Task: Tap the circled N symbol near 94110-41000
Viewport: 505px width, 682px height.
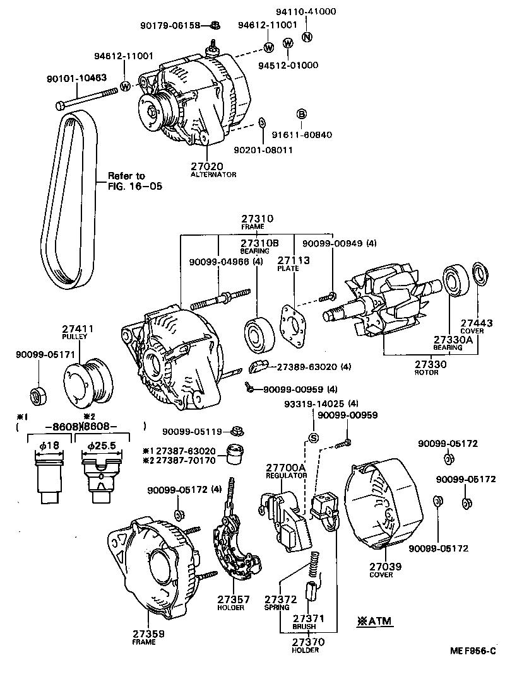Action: tap(307, 36)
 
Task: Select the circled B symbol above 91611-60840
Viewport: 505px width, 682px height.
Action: tap(302, 114)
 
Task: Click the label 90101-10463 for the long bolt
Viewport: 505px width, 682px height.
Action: tap(76, 78)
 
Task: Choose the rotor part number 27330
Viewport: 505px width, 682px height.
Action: tap(431, 364)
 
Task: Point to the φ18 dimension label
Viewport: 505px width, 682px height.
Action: tap(47, 446)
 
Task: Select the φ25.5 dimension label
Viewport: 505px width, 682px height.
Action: tap(98, 446)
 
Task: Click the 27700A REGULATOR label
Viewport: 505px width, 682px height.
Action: tap(285, 468)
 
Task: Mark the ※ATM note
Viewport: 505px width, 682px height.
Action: tap(375, 621)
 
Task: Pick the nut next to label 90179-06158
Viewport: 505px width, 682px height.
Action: tap(216, 25)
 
